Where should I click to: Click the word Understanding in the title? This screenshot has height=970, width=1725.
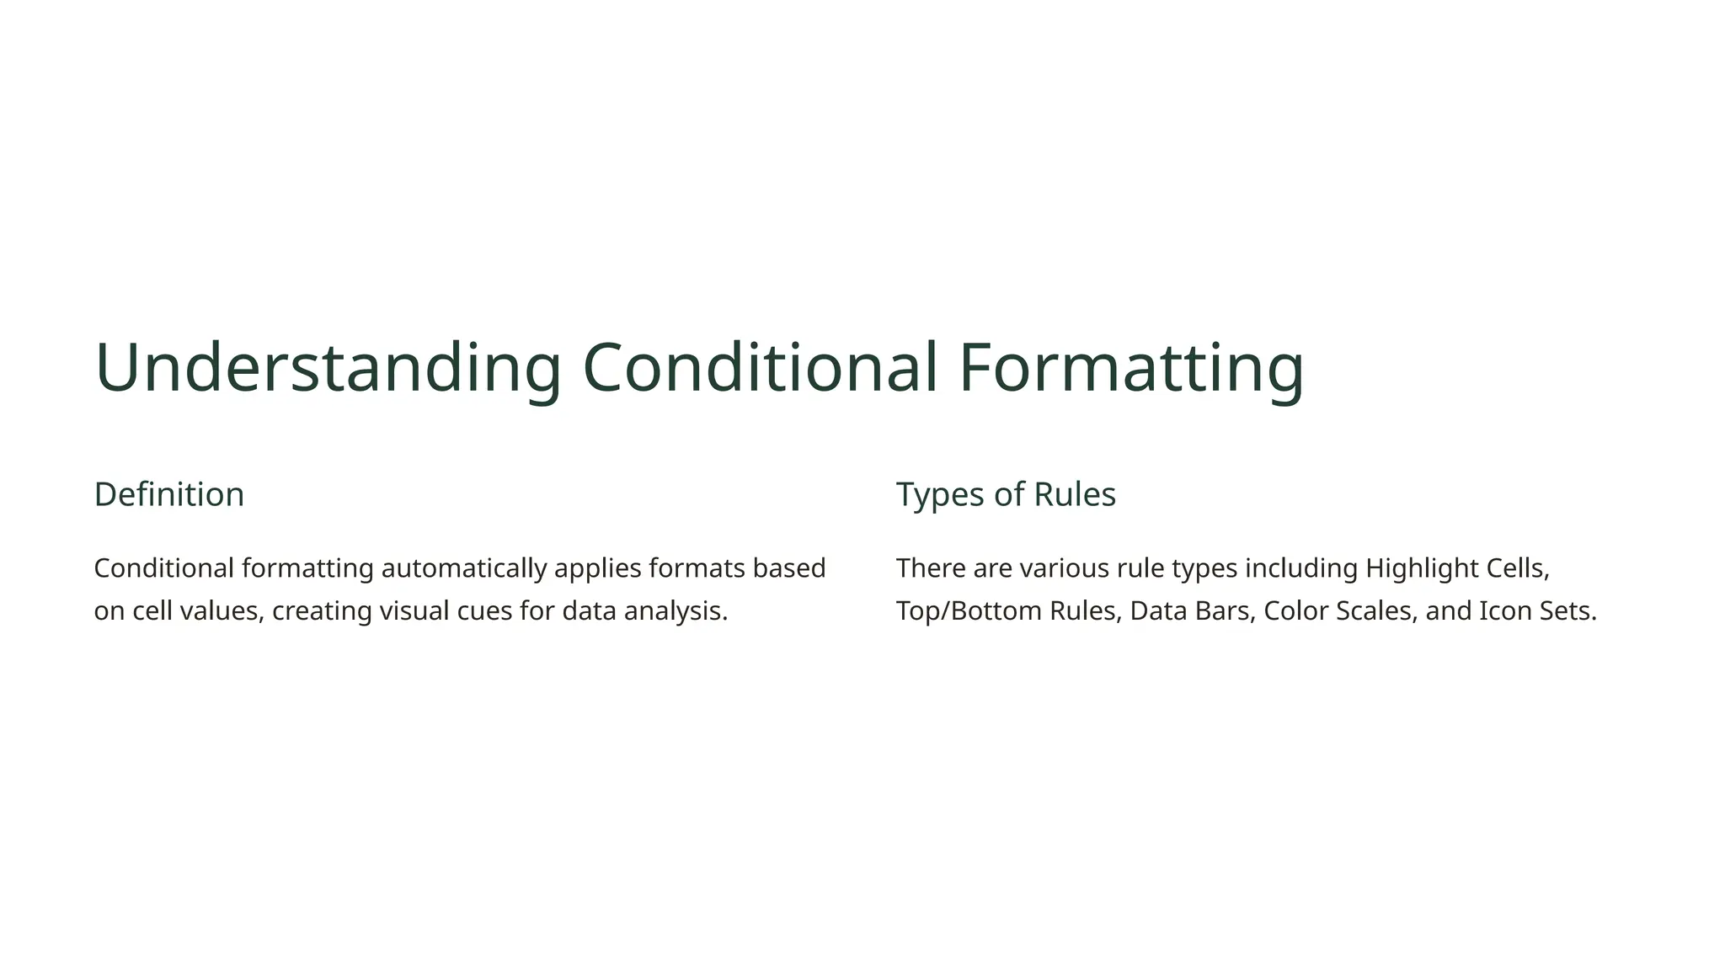[x=328, y=368]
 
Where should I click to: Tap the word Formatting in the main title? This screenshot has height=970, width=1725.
[x=1130, y=368]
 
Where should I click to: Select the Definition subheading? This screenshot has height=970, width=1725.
[x=169, y=494]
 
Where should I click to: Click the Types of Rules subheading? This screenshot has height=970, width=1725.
[x=1006, y=494]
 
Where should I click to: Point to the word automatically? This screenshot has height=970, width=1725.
[x=464, y=568]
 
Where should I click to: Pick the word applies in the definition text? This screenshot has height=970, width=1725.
[x=597, y=568]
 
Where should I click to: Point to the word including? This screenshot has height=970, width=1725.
[x=1301, y=568]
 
